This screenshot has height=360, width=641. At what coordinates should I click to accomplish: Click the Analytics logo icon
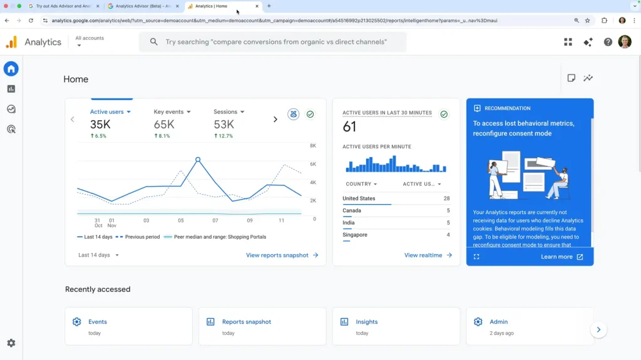click(11, 42)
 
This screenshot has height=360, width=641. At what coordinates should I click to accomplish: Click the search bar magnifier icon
click(154, 42)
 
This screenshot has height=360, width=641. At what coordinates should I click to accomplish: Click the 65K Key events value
click(164, 125)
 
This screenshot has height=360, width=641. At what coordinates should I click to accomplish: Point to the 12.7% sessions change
click(223, 136)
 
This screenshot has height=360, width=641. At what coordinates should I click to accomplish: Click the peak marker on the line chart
click(198, 160)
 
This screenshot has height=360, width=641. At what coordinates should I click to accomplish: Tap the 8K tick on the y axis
click(313, 146)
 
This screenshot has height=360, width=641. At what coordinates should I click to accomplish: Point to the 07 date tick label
click(215, 220)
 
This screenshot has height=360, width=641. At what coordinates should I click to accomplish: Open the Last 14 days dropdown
click(98, 255)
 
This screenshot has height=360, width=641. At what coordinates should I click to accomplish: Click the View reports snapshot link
click(282, 255)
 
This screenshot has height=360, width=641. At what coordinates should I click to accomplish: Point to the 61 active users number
click(349, 127)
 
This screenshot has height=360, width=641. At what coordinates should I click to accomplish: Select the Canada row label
click(352, 210)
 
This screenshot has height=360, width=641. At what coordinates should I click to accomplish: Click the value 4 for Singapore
click(448, 235)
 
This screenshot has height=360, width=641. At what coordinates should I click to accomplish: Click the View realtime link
click(428, 255)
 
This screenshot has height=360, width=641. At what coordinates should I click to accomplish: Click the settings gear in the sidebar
click(11, 343)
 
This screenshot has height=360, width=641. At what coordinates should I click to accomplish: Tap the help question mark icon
click(608, 42)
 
